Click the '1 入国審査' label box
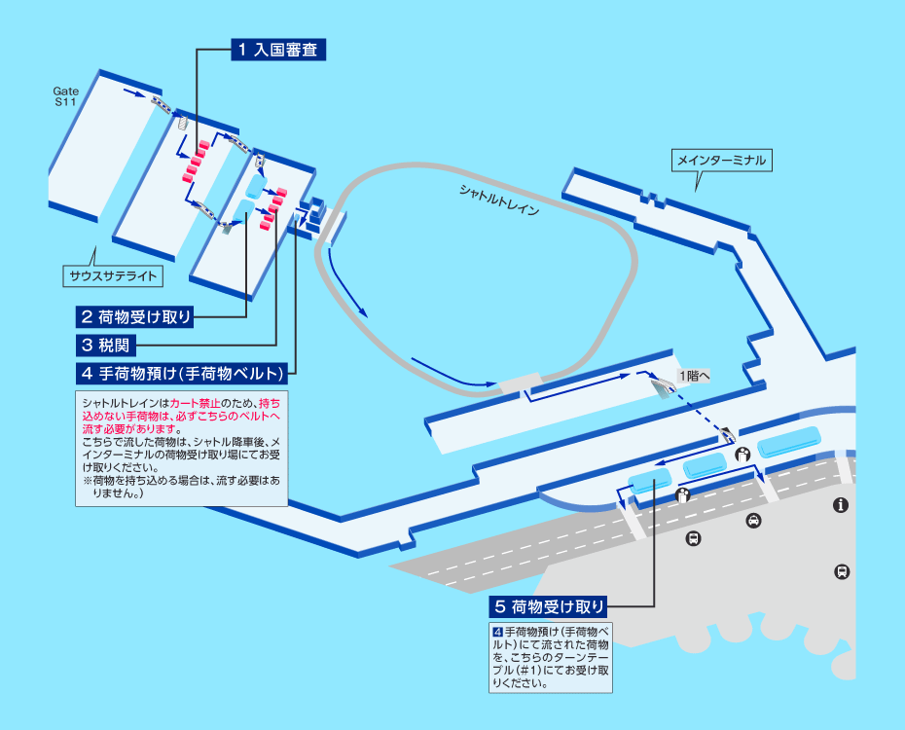[278, 50]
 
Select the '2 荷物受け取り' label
[134, 316]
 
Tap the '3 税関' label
[106, 346]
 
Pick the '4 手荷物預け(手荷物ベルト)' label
[182, 374]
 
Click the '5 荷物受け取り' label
[548, 606]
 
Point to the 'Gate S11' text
[66, 96]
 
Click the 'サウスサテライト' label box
[113, 275]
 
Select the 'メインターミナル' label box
[721, 160]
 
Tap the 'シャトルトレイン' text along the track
[499, 200]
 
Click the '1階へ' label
[695, 377]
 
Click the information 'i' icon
[841, 505]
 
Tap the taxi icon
[753, 521]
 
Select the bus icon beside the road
[693, 539]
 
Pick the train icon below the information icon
[842, 572]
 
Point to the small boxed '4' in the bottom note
[498, 632]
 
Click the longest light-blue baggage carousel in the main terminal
[789, 443]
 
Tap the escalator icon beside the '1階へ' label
[663, 386]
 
